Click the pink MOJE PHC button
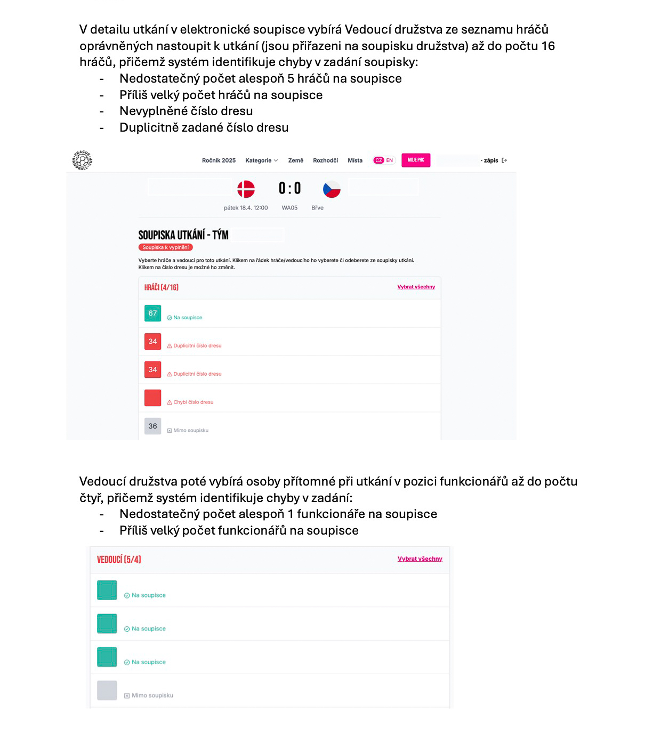[416, 160]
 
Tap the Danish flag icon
[246, 189]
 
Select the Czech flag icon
[332, 189]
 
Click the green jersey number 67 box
[153, 313]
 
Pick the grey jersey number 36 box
[153, 426]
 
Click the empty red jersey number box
[153, 398]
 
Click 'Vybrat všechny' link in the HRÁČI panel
[416, 287]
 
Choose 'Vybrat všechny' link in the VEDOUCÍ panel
[420, 559]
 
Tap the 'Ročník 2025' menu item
[219, 160]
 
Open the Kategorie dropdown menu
[261, 160]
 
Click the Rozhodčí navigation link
[325, 160]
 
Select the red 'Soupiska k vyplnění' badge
[165, 247]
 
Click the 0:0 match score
[289, 188]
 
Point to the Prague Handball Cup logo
[83, 160]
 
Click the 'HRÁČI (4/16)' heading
[161, 287]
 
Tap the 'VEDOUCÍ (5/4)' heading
[119, 559]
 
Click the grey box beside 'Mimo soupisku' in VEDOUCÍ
[107, 690]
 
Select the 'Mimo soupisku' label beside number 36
[190, 431]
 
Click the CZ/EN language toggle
[384, 160]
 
